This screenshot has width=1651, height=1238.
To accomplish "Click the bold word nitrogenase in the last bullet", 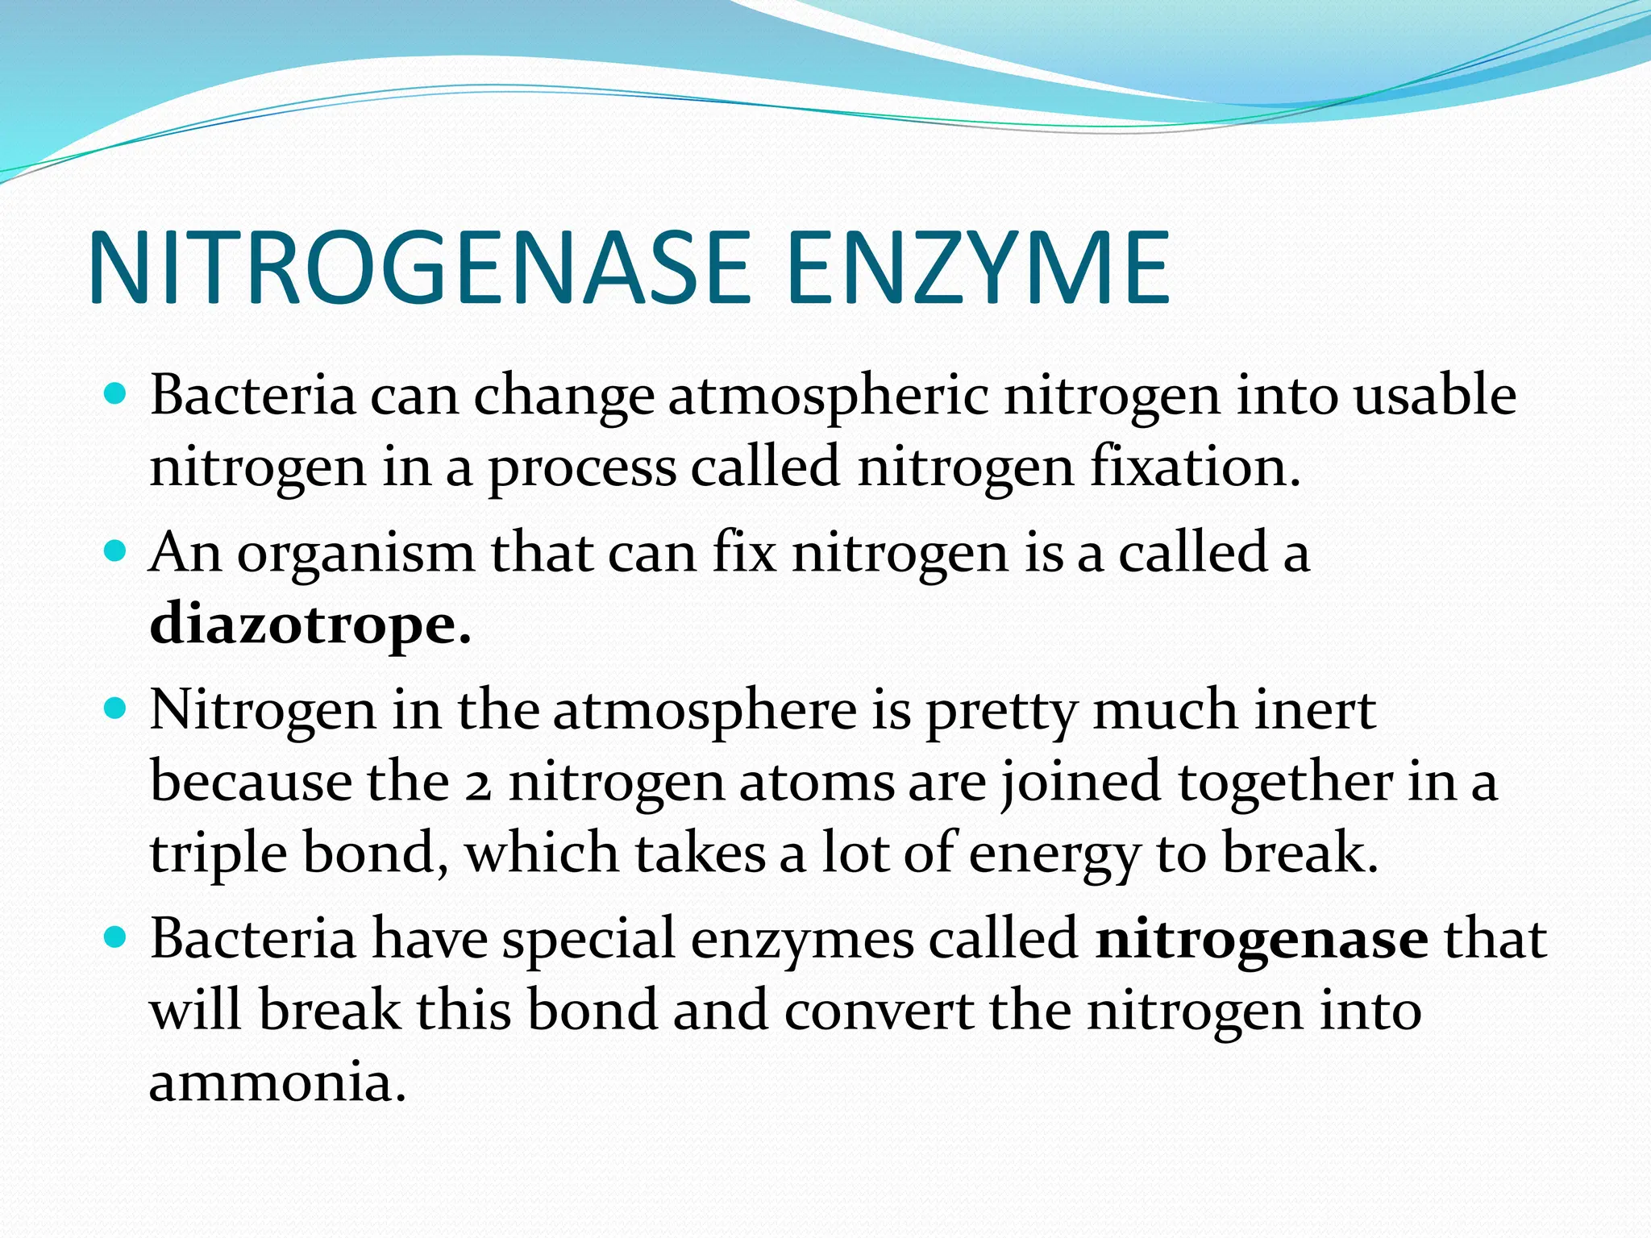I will coord(1262,940).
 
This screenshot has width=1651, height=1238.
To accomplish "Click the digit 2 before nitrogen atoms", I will coord(478,784).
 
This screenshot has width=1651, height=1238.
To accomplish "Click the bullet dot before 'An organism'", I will coord(117,552).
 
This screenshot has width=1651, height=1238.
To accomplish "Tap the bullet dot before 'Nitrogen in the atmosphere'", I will coord(117,709).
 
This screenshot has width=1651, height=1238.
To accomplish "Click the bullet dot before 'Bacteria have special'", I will coord(117,938).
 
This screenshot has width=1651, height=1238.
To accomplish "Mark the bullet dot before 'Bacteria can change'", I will coord(117,395).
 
